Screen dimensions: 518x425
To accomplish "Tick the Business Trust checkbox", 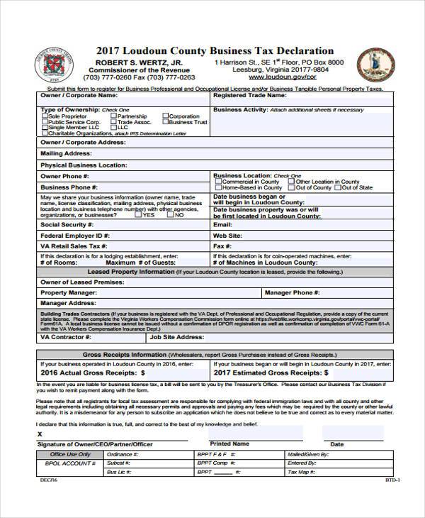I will click(x=165, y=122).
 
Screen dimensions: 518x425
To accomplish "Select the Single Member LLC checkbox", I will click(x=45, y=128).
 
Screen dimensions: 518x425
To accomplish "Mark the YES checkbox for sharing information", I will click(x=138, y=215).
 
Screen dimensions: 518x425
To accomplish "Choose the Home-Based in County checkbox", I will click(x=218, y=188).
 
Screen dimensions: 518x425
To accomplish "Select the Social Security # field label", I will click(x=64, y=225).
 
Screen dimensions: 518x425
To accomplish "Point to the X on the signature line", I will click(x=40, y=434).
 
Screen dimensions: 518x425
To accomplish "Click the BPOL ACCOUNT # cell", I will click(x=70, y=463).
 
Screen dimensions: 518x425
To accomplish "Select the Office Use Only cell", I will click(x=70, y=454).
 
